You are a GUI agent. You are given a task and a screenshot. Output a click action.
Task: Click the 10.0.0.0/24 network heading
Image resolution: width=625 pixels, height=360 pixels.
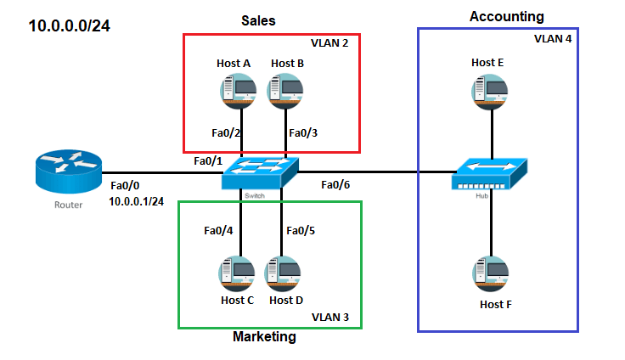click(x=69, y=26)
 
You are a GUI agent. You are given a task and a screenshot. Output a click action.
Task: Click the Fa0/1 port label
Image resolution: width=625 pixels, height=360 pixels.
click(x=210, y=160)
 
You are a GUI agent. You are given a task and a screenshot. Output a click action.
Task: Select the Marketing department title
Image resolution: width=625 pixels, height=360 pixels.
click(x=264, y=337)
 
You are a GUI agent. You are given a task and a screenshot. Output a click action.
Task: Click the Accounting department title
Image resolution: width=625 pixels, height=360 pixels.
click(x=506, y=16)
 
